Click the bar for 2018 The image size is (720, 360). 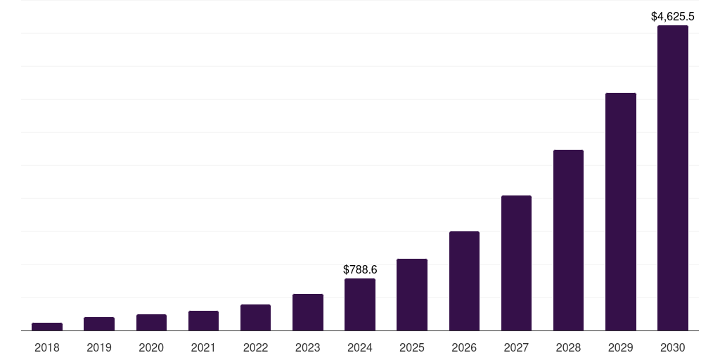pos(47,326)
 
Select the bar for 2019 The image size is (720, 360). pos(99,323)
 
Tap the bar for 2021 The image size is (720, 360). pos(203,321)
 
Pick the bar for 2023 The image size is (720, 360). pos(308,312)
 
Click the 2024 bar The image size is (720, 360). pos(360,304)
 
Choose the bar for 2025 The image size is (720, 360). pos(412,295)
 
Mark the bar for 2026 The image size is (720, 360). pos(464,281)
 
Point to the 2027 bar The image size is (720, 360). pos(516,263)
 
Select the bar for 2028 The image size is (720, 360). pos(568,240)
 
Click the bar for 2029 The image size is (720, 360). pos(621,212)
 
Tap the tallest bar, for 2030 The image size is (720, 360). pos(673,178)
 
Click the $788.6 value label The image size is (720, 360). pos(360,269)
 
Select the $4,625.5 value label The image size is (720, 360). pos(673,16)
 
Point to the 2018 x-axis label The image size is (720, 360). pos(47,347)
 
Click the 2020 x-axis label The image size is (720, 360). pos(151,347)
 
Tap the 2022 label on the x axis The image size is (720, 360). pos(256,347)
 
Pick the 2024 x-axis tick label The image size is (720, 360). pos(360,347)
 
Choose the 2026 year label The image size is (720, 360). pos(464,347)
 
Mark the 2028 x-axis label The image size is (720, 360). pos(568,347)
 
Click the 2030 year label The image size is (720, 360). pos(673,347)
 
